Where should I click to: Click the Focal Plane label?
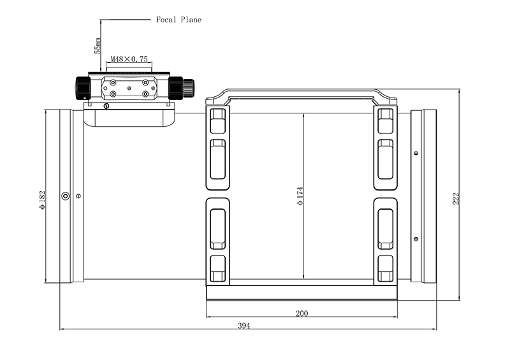point(178,20)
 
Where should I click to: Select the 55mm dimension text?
point(98,46)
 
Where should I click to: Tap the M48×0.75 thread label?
point(129,59)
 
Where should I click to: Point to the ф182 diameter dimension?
point(42,200)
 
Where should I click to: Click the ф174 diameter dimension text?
point(300,196)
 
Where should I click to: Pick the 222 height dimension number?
point(456,199)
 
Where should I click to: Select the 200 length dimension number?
point(302,313)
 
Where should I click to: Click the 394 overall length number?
point(244,326)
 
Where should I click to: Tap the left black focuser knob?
point(83,88)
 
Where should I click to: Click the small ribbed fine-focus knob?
point(188,88)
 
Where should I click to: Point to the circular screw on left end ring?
point(66,196)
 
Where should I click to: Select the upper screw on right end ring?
point(416,153)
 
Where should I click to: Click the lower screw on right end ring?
point(416,239)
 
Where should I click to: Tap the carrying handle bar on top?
point(302,93)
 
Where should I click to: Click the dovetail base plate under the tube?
point(302,292)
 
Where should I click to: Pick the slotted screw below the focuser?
point(106,106)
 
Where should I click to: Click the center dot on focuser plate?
point(129,88)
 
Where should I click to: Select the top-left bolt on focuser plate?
point(113,82)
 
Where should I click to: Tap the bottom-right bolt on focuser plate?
point(145,94)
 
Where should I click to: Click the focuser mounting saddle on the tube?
point(129,118)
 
